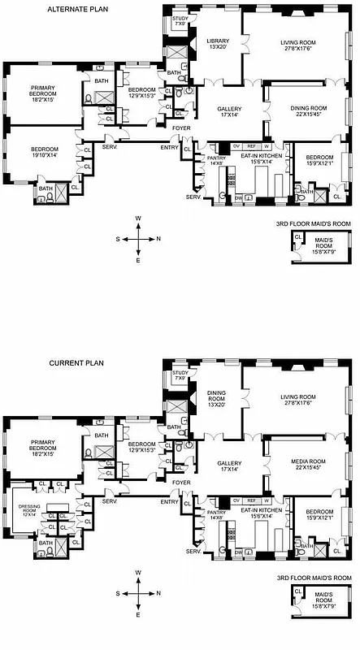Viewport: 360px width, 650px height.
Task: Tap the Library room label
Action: pos(217,44)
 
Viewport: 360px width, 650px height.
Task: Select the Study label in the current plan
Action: pos(180,374)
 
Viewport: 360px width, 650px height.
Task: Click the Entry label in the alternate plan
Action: pos(169,147)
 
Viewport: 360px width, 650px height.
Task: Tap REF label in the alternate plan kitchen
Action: pos(250,147)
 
